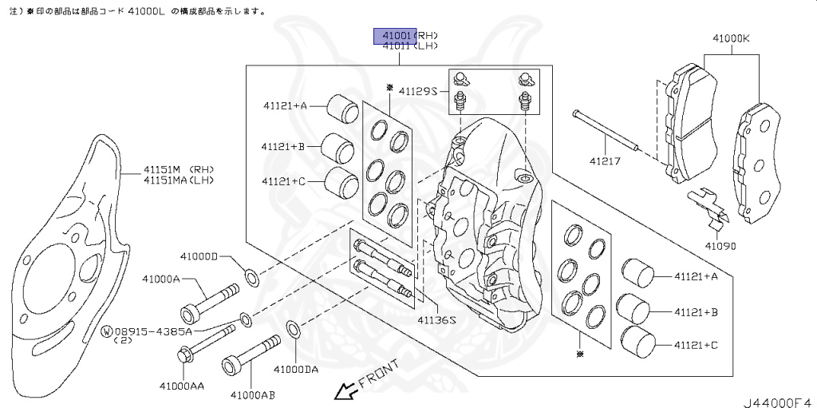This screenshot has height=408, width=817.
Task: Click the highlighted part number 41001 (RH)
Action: [x=397, y=36]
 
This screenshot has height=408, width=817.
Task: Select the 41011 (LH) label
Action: [x=410, y=46]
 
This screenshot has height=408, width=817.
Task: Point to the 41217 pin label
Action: [x=606, y=160]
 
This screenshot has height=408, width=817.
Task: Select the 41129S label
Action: [x=418, y=92]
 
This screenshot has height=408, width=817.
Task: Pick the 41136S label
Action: [x=436, y=319]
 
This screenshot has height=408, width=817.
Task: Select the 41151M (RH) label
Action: [x=179, y=169]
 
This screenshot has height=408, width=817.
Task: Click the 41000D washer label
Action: [x=198, y=256]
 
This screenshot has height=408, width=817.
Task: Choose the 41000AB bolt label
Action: [x=252, y=394]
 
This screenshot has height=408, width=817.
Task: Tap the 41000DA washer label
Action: [x=296, y=369]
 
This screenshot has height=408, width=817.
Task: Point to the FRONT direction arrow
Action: [x=345, y=391]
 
